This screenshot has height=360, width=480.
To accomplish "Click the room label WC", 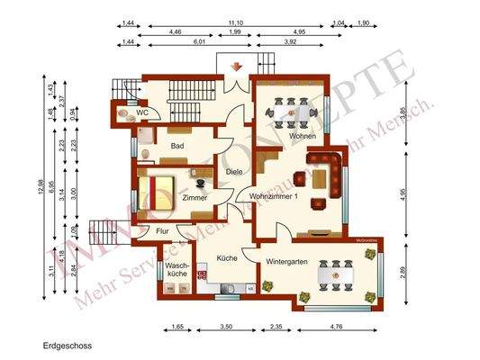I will [142, 112].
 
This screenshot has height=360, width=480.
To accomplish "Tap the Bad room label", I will [177, 143].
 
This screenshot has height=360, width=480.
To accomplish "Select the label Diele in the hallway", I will [235, 172].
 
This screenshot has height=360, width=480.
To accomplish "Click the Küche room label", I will [227, 258].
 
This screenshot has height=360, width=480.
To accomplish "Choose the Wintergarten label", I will [289, 262].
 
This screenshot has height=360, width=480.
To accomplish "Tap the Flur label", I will [162, 231].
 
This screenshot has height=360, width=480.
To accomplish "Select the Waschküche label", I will [177, 271].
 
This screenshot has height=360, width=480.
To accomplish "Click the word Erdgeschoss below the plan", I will [67, 344].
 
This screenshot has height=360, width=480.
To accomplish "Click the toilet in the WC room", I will [123, 114].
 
